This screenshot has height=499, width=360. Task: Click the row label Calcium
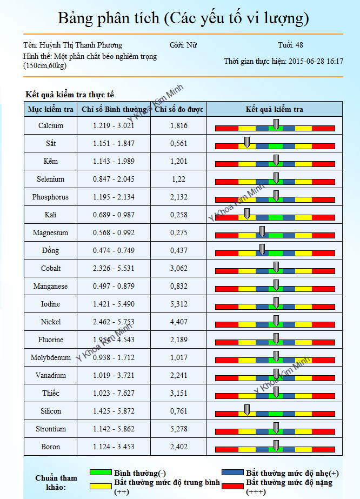51,125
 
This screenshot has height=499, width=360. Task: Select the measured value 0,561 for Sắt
178,143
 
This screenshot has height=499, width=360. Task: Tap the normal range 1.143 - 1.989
114,161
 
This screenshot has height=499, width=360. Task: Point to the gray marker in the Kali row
247,213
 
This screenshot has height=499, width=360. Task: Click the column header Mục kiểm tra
51,109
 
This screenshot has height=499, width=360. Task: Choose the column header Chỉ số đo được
179,109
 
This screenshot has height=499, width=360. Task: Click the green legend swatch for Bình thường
101,473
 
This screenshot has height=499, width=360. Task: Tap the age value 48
300,45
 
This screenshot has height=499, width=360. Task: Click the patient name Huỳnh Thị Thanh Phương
88,45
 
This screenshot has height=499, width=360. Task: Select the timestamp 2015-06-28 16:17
316,61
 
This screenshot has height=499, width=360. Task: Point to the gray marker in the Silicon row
247,409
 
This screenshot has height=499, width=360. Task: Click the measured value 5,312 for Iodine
178,304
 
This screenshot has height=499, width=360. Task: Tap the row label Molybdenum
51,357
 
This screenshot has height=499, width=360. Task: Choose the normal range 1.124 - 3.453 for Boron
114,447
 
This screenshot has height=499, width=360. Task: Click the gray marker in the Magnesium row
262,231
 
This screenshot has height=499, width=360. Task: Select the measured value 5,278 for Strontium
178,429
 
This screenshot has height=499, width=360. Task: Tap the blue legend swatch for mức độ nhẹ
232,473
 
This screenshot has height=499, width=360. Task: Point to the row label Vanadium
51,375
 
